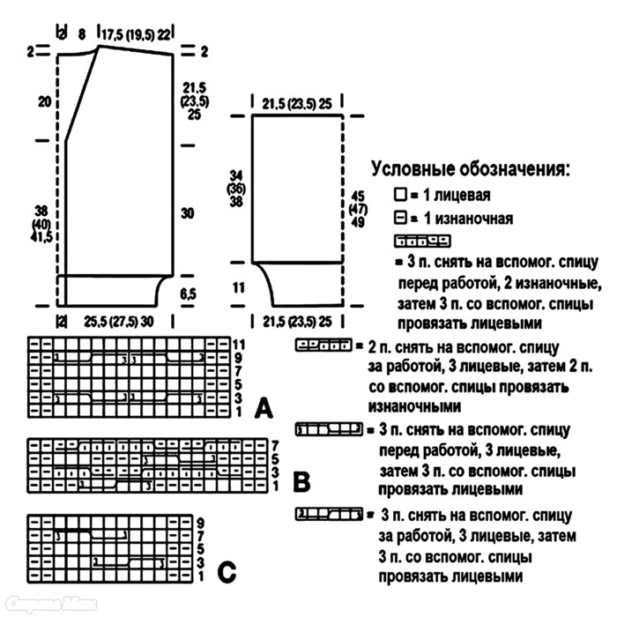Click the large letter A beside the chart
tap(263, 408)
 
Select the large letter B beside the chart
tap(301, 482)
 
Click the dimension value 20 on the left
tap(44, 101)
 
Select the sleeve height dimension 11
tap(237, 286)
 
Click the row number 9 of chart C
tap(201, 522)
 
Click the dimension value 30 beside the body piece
tap(188, 212)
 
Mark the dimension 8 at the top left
tap(81, 33)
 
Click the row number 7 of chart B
tap(276, 446)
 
